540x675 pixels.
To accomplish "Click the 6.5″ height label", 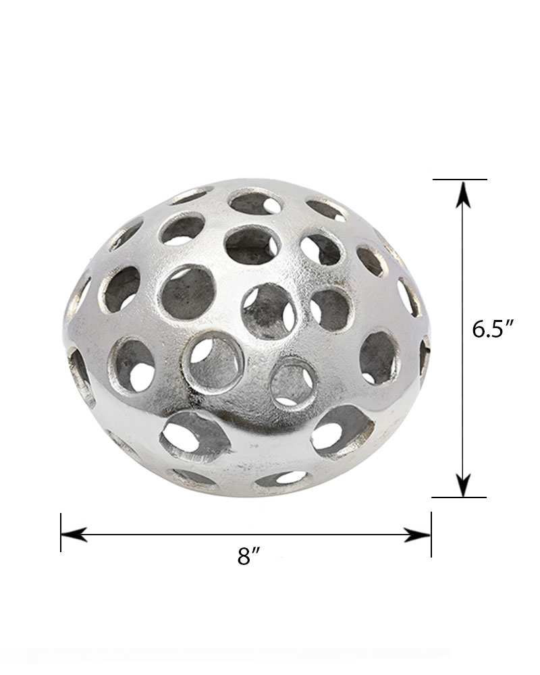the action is pos(493,329).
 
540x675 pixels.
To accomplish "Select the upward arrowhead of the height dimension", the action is pos(463,194).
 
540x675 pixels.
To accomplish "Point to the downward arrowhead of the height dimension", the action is pos(463,483).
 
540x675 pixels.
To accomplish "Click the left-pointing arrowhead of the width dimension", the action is pos(74,534).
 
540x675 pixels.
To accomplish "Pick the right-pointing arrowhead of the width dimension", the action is pos(417,535).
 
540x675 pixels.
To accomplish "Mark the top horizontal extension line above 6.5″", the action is pos(460,179).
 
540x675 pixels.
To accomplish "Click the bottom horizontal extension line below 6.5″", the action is pos(459,497).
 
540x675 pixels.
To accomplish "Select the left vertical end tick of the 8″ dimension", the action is pos(61,533).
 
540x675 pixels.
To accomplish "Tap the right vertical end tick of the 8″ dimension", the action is pos(431,534).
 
